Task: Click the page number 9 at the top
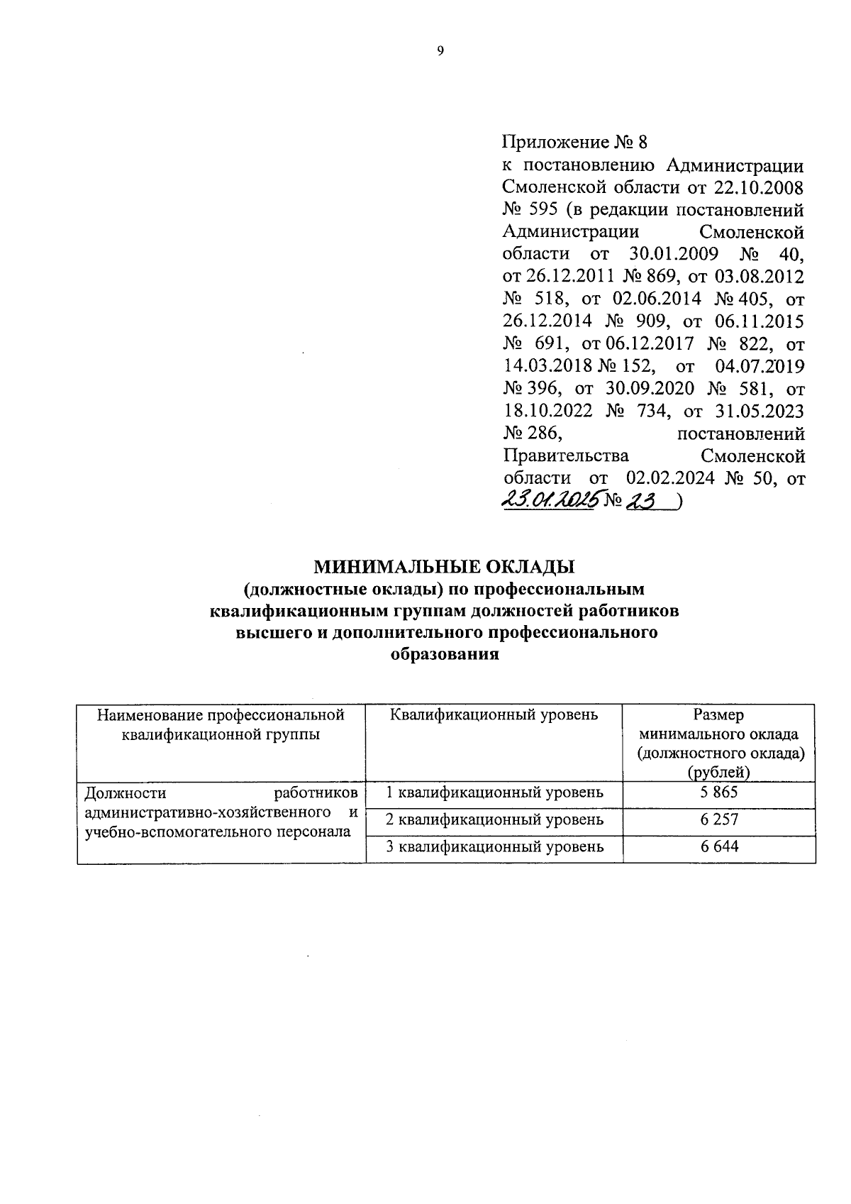click(440, 50)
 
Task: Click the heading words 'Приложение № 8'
click(574, 143)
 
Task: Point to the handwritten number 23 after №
click(645, 500)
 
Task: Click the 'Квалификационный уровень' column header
click(494, 715)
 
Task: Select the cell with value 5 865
click(719, 792)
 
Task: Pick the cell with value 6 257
click(719, 819)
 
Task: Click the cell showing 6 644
click(719, 846)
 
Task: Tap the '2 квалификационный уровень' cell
click(494, 819)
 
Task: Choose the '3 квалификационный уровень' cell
click(494, 846)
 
